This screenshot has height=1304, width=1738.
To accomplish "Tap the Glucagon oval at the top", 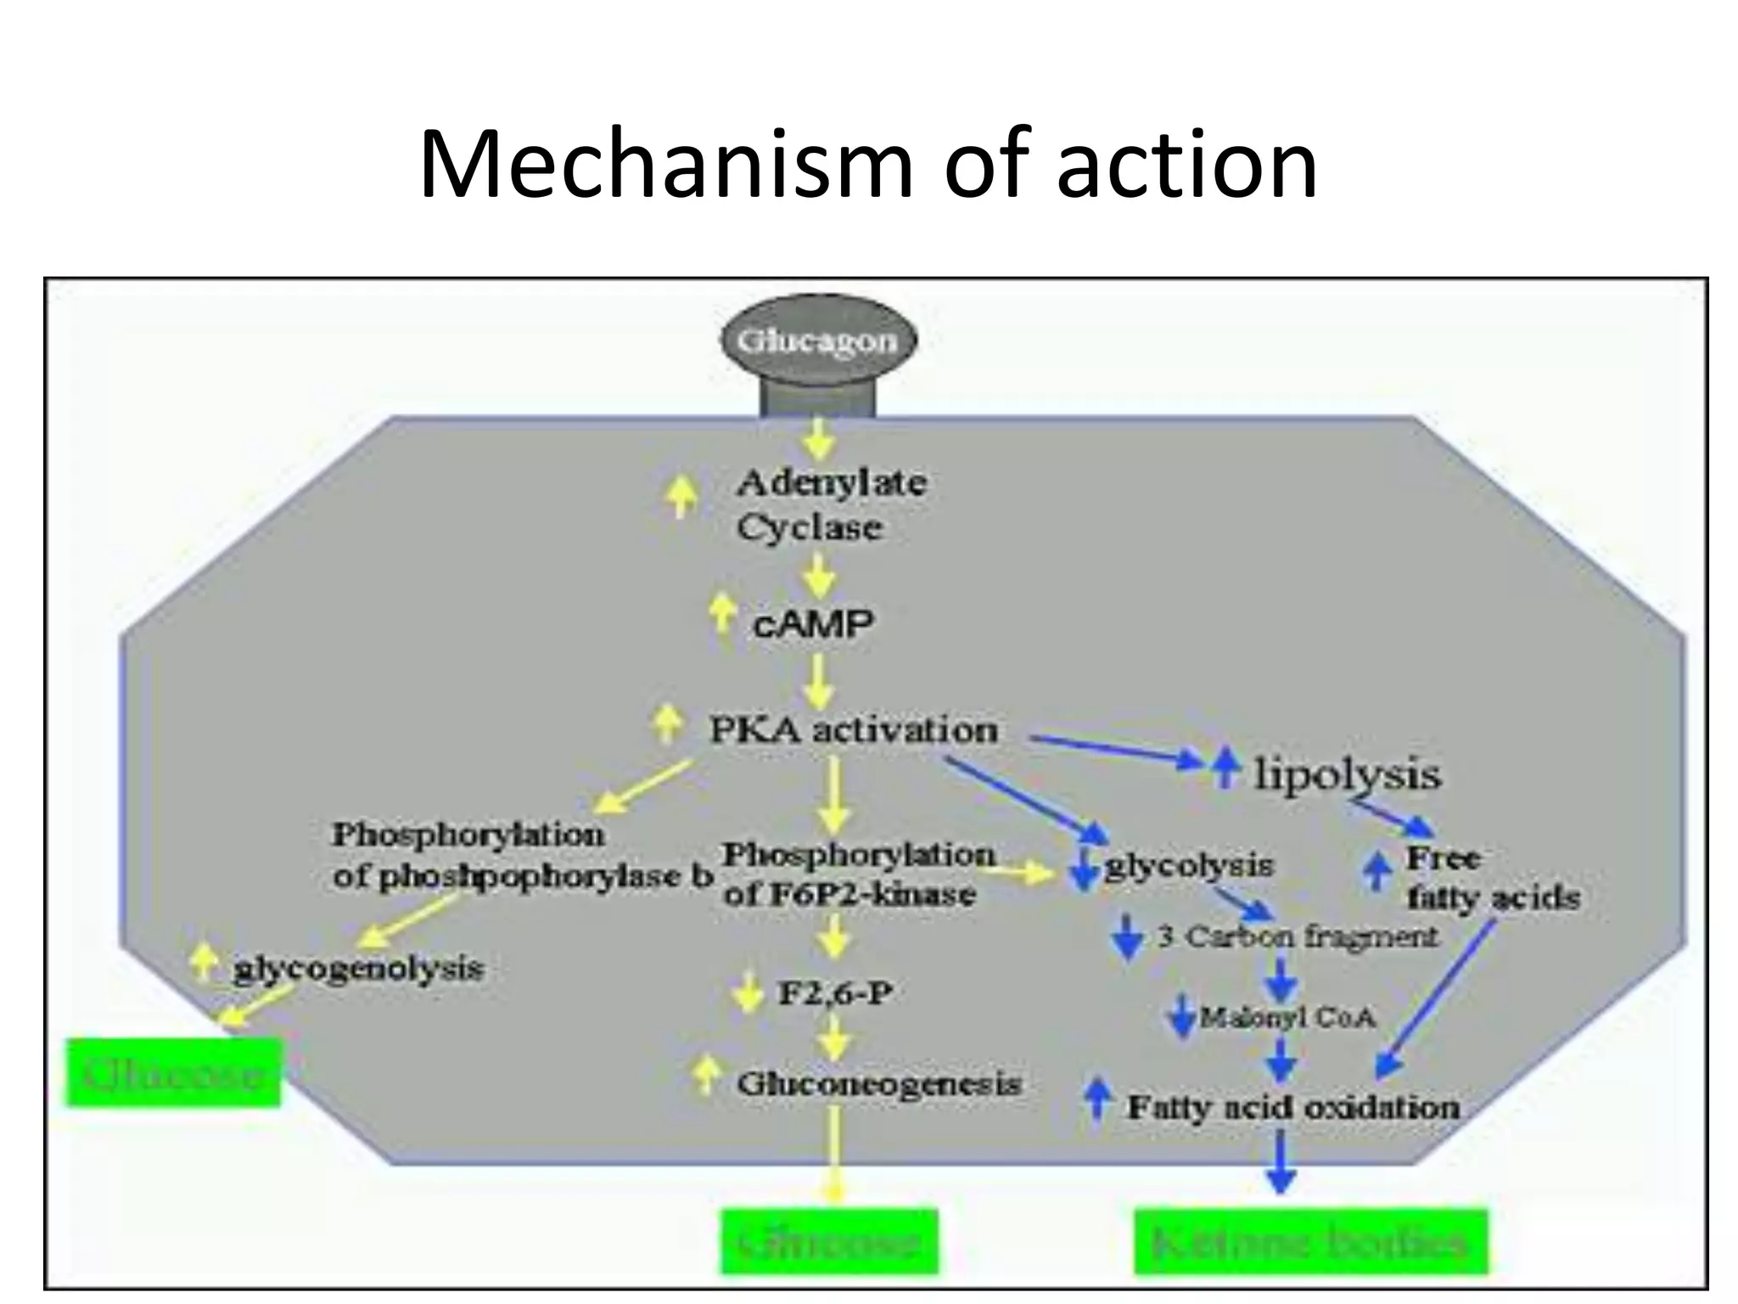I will (817, 341).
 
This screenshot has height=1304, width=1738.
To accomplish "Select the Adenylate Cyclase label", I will (830, 505).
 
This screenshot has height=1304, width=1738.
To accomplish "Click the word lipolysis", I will (1348, 774).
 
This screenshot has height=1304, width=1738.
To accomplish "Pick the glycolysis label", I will (1188, 866).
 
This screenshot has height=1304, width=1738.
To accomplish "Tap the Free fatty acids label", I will (1492, 879).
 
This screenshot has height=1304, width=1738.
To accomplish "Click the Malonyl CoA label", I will (1287, 1017).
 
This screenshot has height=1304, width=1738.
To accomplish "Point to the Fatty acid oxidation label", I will (1292, 1108).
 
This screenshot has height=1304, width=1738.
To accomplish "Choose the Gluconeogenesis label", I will (878, 1084).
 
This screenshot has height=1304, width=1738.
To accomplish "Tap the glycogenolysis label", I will (358, 969).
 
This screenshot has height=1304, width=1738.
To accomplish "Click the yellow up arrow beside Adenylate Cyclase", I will (681, 496).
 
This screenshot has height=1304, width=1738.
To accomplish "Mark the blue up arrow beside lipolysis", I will (1224, 766).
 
